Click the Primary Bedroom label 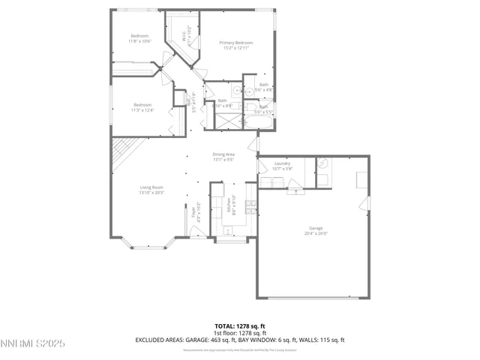235,43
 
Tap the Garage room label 316,228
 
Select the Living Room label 151,187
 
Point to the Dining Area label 224,154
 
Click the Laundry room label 282,163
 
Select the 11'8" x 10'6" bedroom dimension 140,41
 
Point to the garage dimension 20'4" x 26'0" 316,232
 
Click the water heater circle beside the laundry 323,164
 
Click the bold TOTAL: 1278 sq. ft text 240,326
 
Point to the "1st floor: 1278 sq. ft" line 240,333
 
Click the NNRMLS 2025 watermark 33,344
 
